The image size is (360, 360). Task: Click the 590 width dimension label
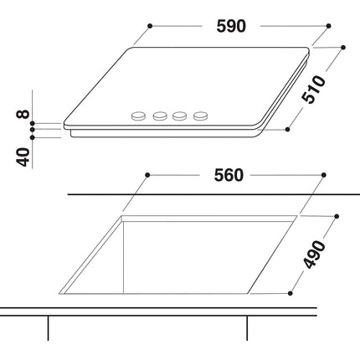tap(231, 27)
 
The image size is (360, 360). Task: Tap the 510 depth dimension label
tap(314, 90)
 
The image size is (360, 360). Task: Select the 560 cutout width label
tap(229, 176)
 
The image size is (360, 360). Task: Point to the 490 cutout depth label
tap(314, 255)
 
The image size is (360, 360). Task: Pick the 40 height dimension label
tap(23, 157)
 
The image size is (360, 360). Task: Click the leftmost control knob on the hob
tap(138, 116)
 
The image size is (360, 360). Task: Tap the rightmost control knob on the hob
tap(201, 116)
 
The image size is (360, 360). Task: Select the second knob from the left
tap(160, 116)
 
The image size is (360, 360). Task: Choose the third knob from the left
tap(179, 116)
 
